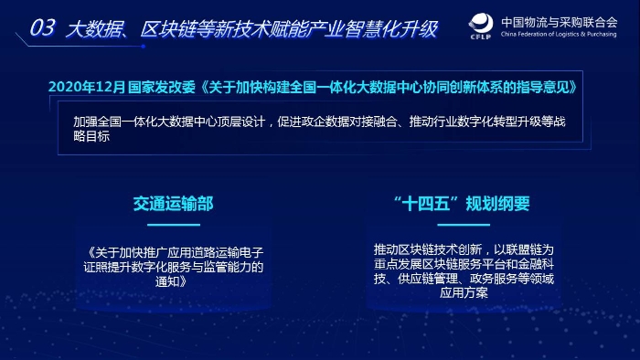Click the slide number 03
(x=42, y=28)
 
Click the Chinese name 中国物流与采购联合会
(x=566, y=20)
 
